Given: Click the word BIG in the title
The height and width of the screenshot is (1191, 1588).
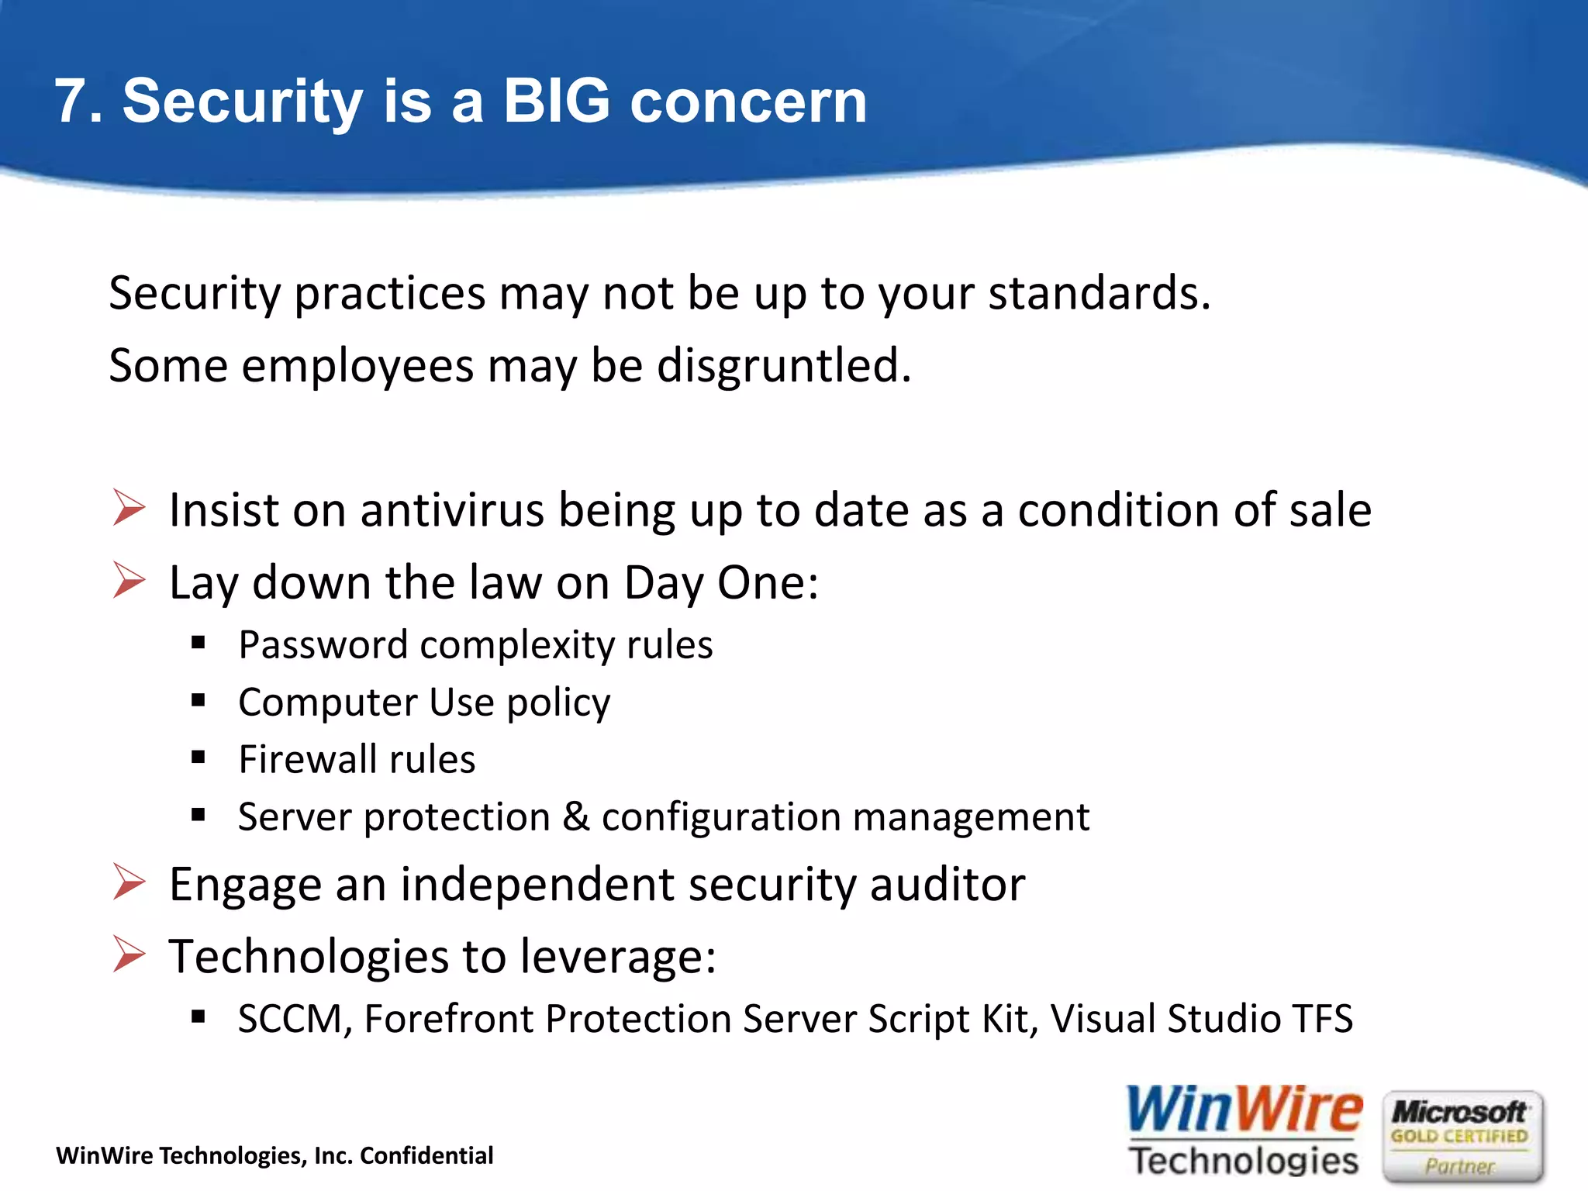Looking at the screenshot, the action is click(x=556, y=101).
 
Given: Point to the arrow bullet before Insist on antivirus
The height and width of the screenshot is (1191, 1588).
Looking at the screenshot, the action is click(x=129, y=508).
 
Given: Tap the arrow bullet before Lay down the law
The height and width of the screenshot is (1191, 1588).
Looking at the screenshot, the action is click(x=129, y=580).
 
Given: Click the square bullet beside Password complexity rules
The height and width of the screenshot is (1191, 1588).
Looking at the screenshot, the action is click(x=198, y=642).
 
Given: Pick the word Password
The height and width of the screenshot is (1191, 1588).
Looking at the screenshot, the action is click(x=323, y=645).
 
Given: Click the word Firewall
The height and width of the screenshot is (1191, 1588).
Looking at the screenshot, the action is click(x=308, y=759).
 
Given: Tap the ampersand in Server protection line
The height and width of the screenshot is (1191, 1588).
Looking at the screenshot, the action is click(x=575, y=816).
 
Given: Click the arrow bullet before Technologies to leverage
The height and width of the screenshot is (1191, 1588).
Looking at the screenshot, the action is click(x=129, y=954).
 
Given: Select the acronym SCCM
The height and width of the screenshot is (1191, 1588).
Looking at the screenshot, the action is click(x=289, y=1019).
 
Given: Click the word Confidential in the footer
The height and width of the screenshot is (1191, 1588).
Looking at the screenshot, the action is click(x=426, y=1155).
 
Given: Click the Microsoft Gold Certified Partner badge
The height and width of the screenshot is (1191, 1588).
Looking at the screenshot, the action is click(x=1462, y=1137).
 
